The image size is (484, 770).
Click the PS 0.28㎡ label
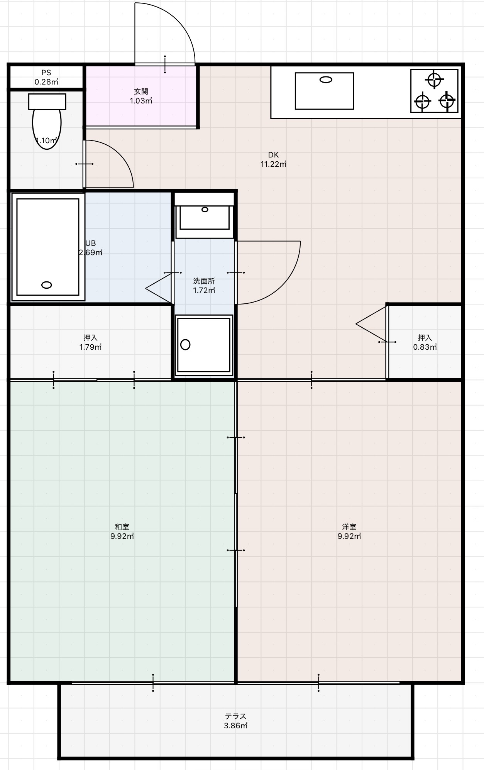[x=46, y=77]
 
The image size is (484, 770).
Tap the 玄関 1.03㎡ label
[x=141, y=96]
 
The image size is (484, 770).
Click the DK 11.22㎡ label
[x=273, y=159]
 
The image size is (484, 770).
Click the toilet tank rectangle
[x=47, y=102]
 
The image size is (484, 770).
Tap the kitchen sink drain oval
[x=326, y=80]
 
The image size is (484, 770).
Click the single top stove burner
[x=434, y=80]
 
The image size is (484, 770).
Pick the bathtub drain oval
[x=47, y=285]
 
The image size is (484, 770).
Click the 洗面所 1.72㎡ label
[x=204, y=286]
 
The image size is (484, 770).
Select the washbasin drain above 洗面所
[x=205, y=210]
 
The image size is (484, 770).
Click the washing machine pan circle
[x=185, y=344]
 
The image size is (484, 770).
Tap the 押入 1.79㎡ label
[x=90, y=342]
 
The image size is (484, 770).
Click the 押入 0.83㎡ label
[x=425, y=342]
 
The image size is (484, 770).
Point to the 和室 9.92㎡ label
[x=122, y=531]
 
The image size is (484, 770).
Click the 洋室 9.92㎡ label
[x=349, y=531]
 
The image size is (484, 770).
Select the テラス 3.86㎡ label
[x=235, y=721]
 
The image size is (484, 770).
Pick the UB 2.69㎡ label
[x=91, y=248]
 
